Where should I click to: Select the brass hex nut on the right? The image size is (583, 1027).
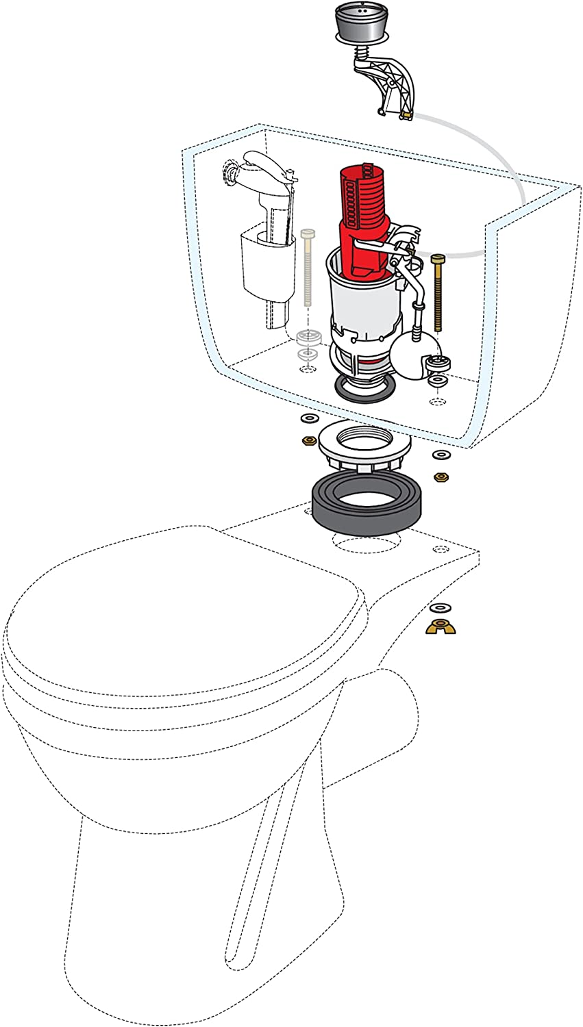tap(438, 474)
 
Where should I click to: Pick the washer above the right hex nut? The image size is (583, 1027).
tap(438, 455)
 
